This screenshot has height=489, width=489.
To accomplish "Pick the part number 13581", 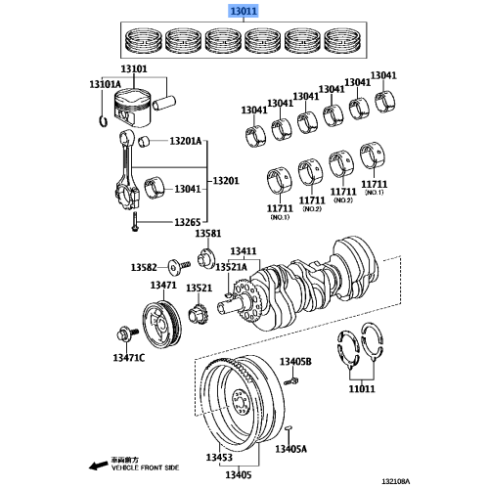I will (x=207, y=234).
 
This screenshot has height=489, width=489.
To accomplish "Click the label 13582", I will (x=145, y=267).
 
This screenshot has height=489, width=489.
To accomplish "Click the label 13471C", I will (x=127, y=359).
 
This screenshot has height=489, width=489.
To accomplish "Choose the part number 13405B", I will (x=294, y=363).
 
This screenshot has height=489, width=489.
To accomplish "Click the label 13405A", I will (x=290, y=449).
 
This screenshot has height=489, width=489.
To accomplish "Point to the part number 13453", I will (x=219, y=458).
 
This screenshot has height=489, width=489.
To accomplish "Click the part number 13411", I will (x=244, y=252).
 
